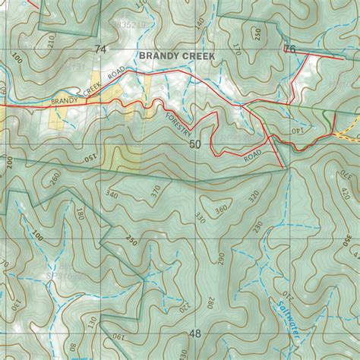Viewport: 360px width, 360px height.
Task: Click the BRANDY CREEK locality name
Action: pyautogui.click(x=177, y=56)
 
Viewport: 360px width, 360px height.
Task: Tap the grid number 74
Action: pyautogui.click(x=99, y=49)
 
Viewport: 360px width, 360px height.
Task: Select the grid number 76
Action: pyautogui.click(x=289, y=49)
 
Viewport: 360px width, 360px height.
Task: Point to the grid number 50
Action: pyautogui.click(x=195, y=144)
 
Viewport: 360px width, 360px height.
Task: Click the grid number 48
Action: pyautogui.click(x=195, y=333)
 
